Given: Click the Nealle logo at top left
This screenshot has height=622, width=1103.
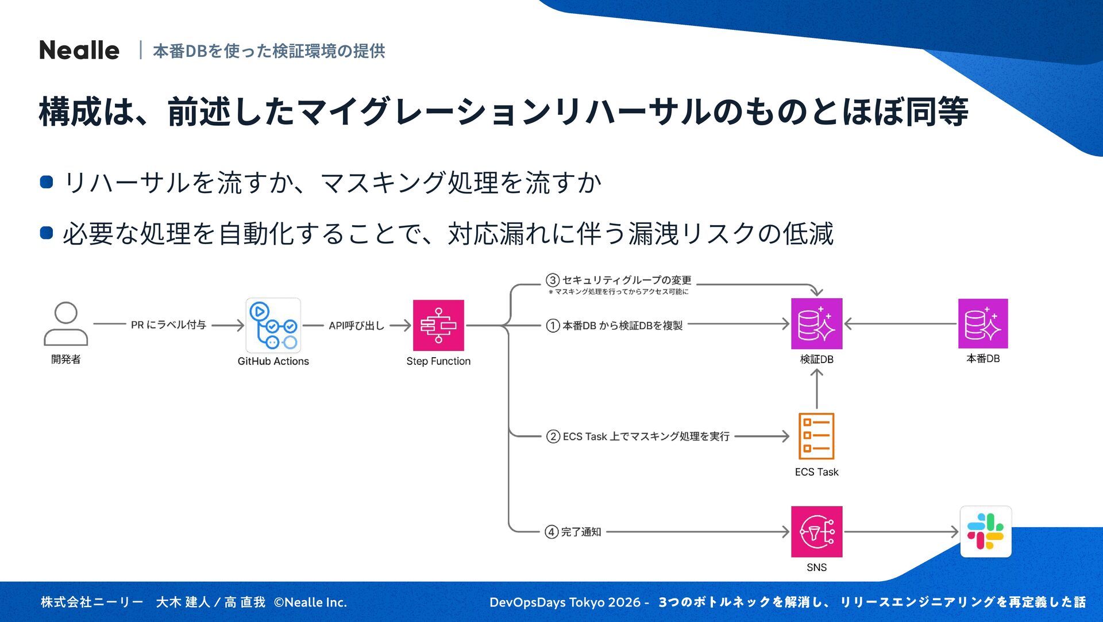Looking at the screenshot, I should pos(79,51).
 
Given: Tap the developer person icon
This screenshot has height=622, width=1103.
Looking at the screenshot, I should pos(65,324).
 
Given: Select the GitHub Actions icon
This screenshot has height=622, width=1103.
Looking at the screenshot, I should pos(273,325).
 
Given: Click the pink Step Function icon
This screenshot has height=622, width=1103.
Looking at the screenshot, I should pos(438,325).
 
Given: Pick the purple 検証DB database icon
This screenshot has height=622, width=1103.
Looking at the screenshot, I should pos(816,323).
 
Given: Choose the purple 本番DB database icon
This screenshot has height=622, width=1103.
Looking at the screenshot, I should pos(983,323).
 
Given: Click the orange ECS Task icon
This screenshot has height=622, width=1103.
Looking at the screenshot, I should pos(816,436).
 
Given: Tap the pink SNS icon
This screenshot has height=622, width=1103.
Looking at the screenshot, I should pos(816,531).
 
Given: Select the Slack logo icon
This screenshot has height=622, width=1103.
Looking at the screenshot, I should pos(985,531).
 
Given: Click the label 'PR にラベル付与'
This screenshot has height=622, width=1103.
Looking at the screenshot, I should pos(168,325).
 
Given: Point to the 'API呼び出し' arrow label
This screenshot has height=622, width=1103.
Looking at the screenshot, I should pos(356,326).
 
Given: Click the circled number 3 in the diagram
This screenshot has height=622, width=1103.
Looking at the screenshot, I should pos(552,280).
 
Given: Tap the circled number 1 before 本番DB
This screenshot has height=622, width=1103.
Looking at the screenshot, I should pos(553,326).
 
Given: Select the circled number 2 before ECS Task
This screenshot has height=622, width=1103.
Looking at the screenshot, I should pos(553,436).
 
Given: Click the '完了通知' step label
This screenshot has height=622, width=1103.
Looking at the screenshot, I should pos(581,532).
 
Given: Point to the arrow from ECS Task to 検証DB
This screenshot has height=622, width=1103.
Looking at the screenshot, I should pos(816,389).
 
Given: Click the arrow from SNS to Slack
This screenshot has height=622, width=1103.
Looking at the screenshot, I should pos(901,532).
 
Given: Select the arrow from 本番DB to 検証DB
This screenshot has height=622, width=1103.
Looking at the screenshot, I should pos(900,324).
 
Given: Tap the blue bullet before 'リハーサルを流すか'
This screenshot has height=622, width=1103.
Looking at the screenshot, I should pos(47,183).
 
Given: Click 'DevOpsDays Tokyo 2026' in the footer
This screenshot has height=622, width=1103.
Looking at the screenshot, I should pos(565,602).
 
